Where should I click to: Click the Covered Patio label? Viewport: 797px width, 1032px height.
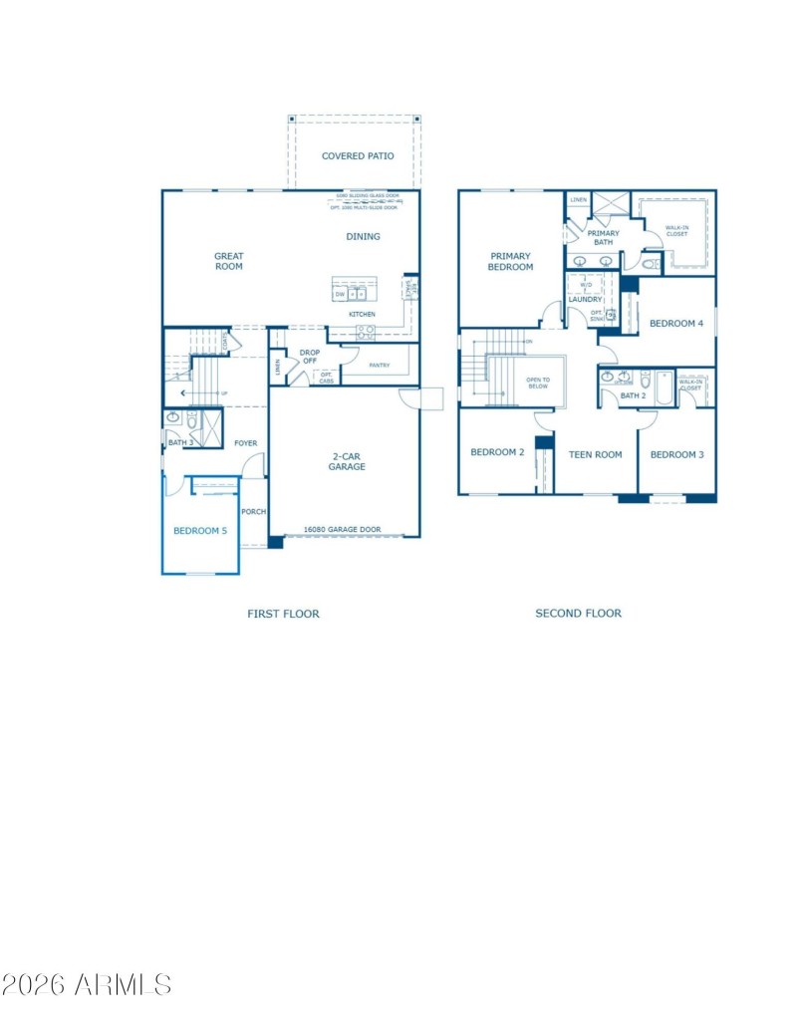point(358,156)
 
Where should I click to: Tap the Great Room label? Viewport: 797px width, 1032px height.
point(229,261)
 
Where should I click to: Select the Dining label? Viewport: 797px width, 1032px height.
point(363,236)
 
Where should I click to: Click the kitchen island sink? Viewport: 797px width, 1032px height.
point(357,294)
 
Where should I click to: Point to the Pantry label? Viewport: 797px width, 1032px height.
point(379,365)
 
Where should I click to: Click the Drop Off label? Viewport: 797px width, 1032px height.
point(309,357)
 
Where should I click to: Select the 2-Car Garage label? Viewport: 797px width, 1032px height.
point(349,461)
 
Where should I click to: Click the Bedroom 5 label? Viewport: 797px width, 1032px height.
point(200,531)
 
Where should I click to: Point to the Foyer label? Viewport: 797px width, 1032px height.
point(245,443)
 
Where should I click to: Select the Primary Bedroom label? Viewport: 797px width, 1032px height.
point(510,261)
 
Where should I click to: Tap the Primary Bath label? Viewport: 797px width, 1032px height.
point(603,237)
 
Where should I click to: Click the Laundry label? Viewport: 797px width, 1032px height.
point(585,299)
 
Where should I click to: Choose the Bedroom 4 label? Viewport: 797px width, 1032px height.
point(676,324)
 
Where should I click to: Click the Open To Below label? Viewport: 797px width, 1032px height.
point(538,383)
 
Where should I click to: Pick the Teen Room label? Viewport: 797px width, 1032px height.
point(595,454)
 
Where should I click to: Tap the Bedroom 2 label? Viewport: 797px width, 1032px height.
point(497,452)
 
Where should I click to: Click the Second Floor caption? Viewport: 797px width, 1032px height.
point(578,614)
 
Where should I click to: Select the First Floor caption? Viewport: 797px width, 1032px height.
point(283,614)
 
